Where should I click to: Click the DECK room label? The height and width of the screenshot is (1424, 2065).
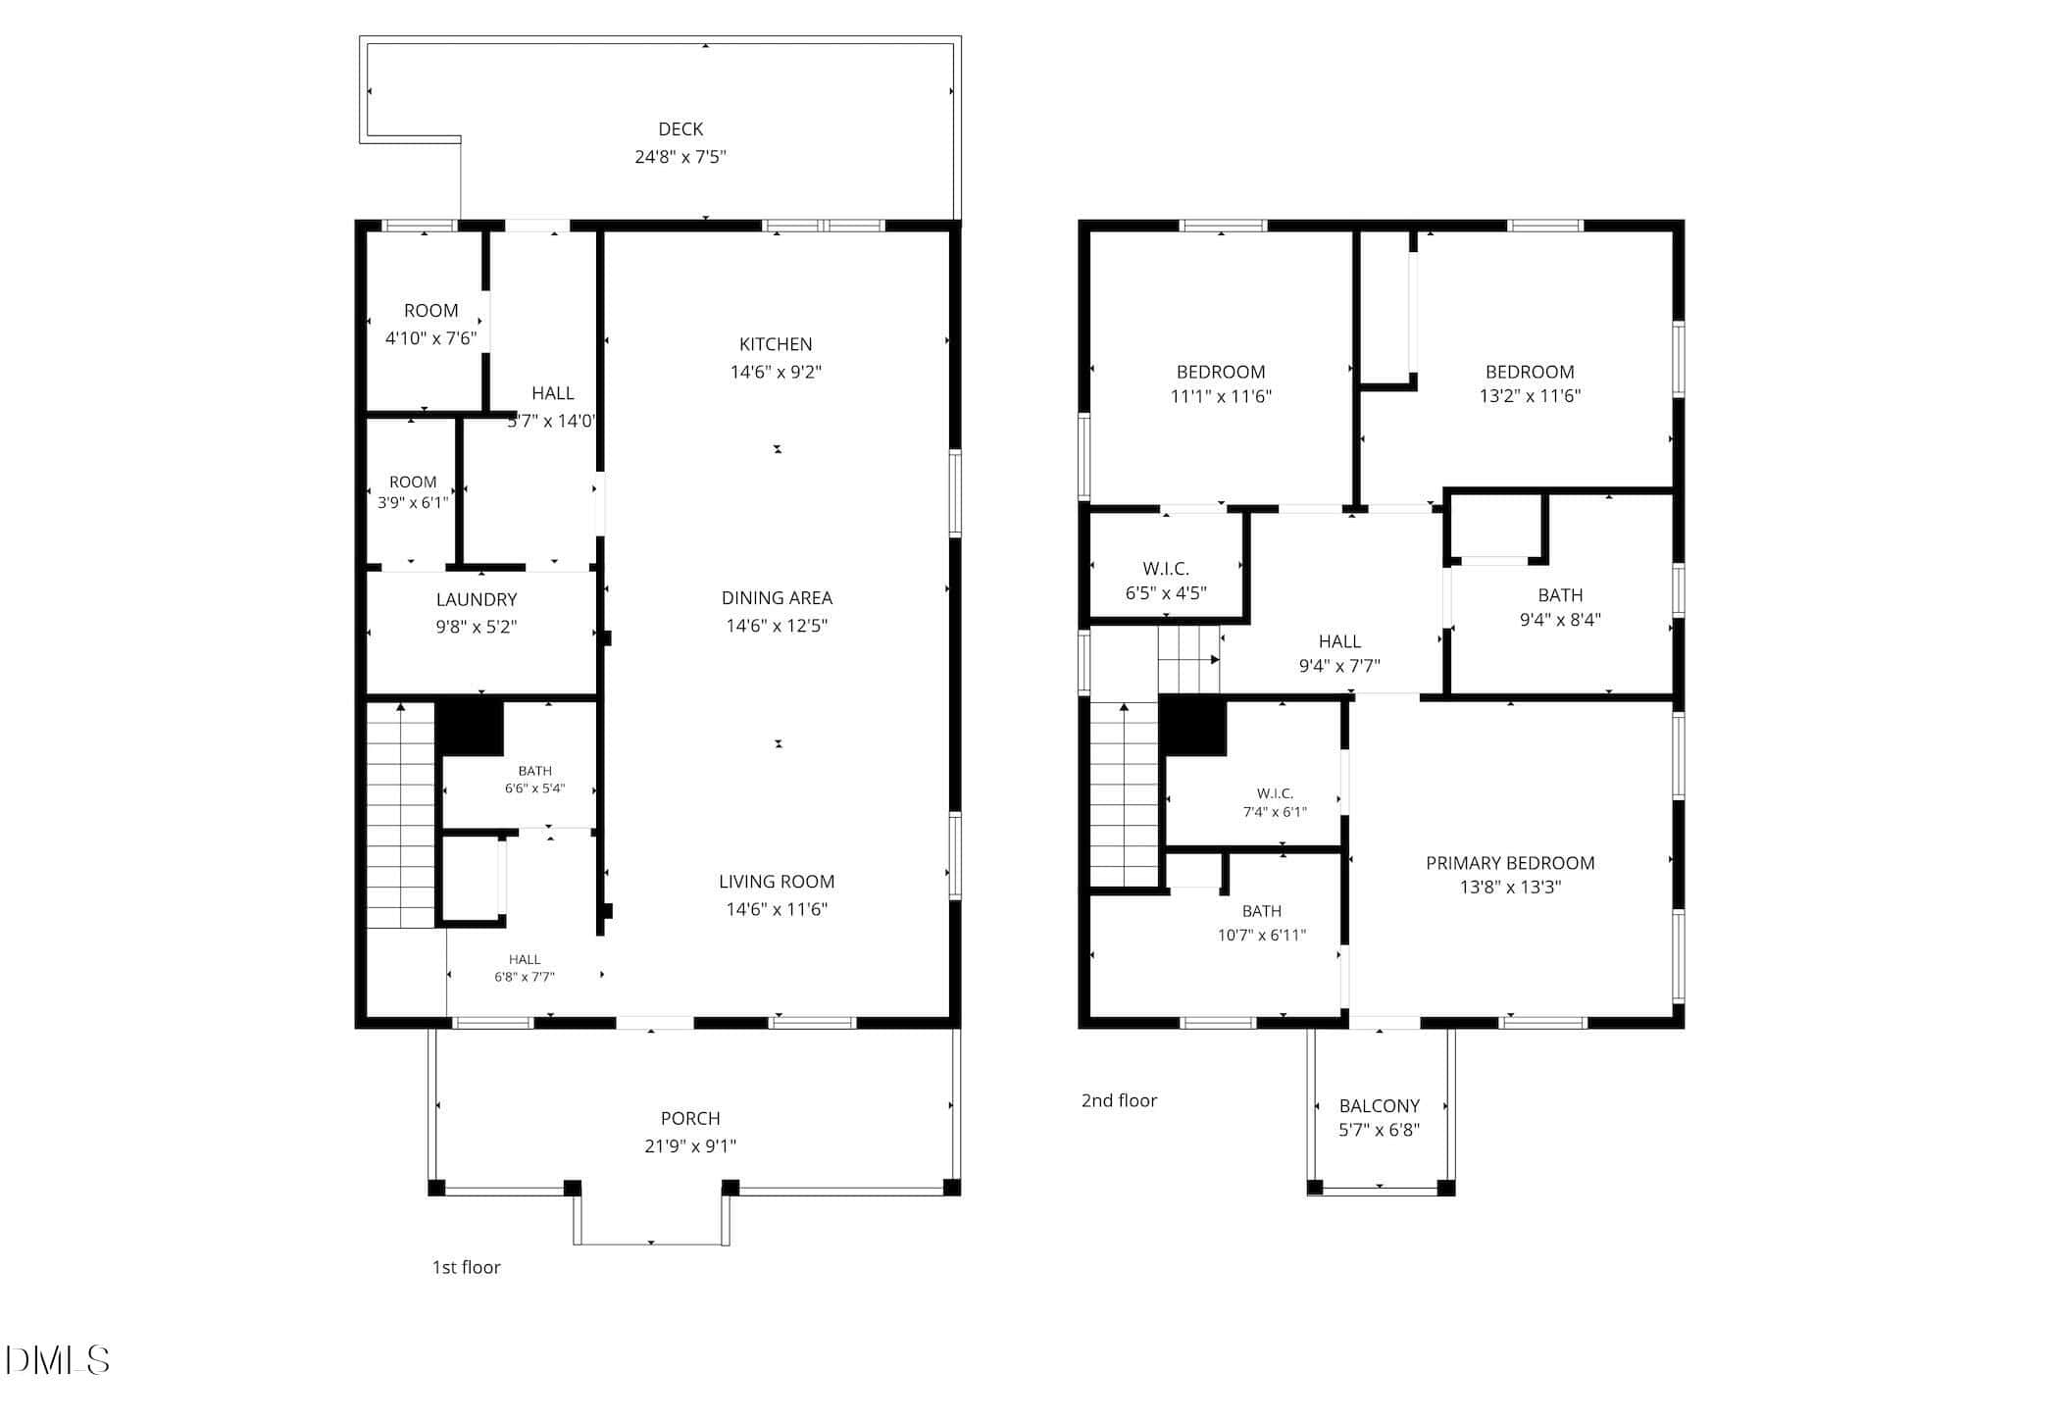click(680, 129)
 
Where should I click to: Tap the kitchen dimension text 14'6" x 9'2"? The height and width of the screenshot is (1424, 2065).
click(776, 372)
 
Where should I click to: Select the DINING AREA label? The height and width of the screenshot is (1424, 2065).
click(777, 598)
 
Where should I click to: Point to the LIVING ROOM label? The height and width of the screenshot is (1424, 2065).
click(777, 882)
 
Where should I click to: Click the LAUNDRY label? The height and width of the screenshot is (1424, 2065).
click(477, 600)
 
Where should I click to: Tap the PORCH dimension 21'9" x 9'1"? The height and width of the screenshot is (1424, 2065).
click(690, 1145)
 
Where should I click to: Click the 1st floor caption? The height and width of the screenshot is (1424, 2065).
click(467, 1267)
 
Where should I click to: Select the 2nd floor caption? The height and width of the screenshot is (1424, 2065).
click(1119, 1100)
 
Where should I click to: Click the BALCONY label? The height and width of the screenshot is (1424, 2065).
click(1380, 1106)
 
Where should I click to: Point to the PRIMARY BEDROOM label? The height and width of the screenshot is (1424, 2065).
click(1510, 863)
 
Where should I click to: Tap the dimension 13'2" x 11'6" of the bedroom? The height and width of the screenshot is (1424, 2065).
click(1530, 396)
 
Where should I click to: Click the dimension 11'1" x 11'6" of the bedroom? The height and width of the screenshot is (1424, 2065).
click(1221, 396)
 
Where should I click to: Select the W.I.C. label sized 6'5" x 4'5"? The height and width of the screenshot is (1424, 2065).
click(1166, 569)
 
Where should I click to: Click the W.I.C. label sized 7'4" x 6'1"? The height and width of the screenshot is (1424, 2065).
click(1275, 793)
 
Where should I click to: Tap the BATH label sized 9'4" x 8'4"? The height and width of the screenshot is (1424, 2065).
click(1560, 595)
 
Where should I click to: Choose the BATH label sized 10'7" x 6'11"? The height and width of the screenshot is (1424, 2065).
click(1261, 911)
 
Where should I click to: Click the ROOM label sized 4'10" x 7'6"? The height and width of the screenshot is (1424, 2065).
click(430, 311)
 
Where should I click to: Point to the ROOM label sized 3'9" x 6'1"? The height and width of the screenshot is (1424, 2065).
click(413, 483)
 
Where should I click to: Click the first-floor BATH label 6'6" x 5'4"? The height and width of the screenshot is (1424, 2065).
click(535, 771)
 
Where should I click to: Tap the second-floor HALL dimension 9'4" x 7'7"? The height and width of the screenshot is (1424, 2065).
click(1339, 666)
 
